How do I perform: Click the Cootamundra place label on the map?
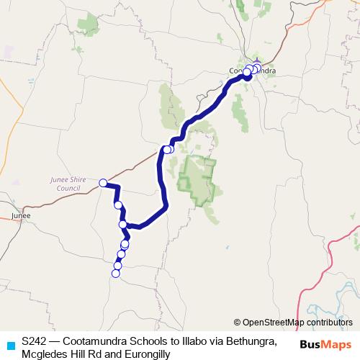252,71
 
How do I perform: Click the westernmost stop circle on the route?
103,183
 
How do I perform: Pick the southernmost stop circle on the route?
115,273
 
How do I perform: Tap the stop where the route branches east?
123,225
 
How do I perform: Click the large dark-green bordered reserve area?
197,176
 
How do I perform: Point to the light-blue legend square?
9,346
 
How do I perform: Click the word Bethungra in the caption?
251,339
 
